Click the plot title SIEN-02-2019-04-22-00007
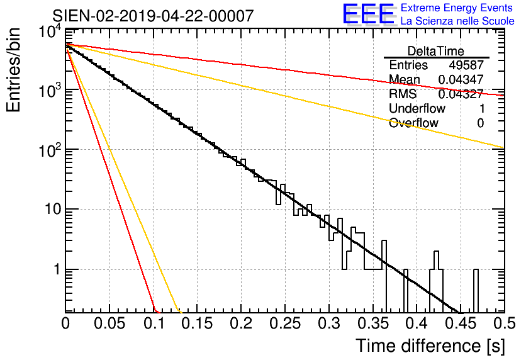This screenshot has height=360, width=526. click(x=153, y=16)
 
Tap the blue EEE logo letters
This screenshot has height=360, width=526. click(x=368, y=14)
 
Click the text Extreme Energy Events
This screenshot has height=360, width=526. click(x=457, y=8)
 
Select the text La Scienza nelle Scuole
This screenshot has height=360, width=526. click(x=457, y=21)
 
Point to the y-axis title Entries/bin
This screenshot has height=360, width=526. click(x=13, y=70)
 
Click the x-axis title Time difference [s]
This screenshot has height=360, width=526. click(x=430, y=346)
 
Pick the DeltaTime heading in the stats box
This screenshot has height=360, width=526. click(x=436, y=51)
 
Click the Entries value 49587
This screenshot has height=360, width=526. click(x=466, y=65)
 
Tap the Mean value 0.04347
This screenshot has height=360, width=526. click(x=461, y=79)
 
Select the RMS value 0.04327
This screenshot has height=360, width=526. click(x=461, y=94)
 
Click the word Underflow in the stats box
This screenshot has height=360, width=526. click(x=417, y=108)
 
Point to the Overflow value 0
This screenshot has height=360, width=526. click(x=480, y=123)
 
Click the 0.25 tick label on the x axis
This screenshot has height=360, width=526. click(x=285, y=323)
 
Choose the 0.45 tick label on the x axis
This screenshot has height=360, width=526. click(x=461, y=323)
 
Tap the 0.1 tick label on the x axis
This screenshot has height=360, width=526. click(x=154, y=323)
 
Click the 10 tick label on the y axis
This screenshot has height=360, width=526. click(x=53, y=210)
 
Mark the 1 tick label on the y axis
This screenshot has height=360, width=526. click(x=57, y=269)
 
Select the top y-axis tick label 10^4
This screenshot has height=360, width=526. click(x=50, y=33)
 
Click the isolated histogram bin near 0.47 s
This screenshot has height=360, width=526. click(x=476, y=291)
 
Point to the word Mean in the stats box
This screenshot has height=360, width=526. click(x=404, y=79)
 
